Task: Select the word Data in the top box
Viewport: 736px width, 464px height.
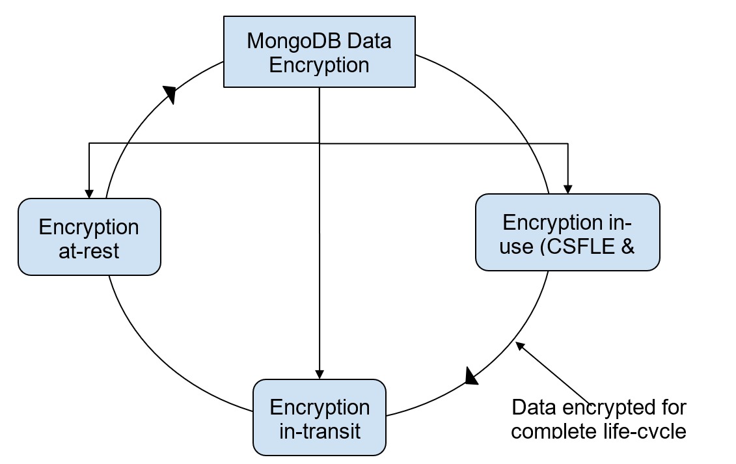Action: tap(368, 40)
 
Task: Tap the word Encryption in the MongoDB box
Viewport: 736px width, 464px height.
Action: tap(319, 65)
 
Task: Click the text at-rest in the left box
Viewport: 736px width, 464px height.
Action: tap(89, 251)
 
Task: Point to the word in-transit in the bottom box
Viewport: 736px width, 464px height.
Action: tap(320, 431)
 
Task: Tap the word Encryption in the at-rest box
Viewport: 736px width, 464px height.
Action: tap(89, 227)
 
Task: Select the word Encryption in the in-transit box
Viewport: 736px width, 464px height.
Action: tap(320, 407)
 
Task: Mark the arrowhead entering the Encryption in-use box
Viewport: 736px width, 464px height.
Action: tap(568, 189)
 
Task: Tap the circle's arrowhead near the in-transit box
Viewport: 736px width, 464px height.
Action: tap(472, 375)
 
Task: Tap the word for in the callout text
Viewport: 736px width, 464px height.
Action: tap(670, 408)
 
